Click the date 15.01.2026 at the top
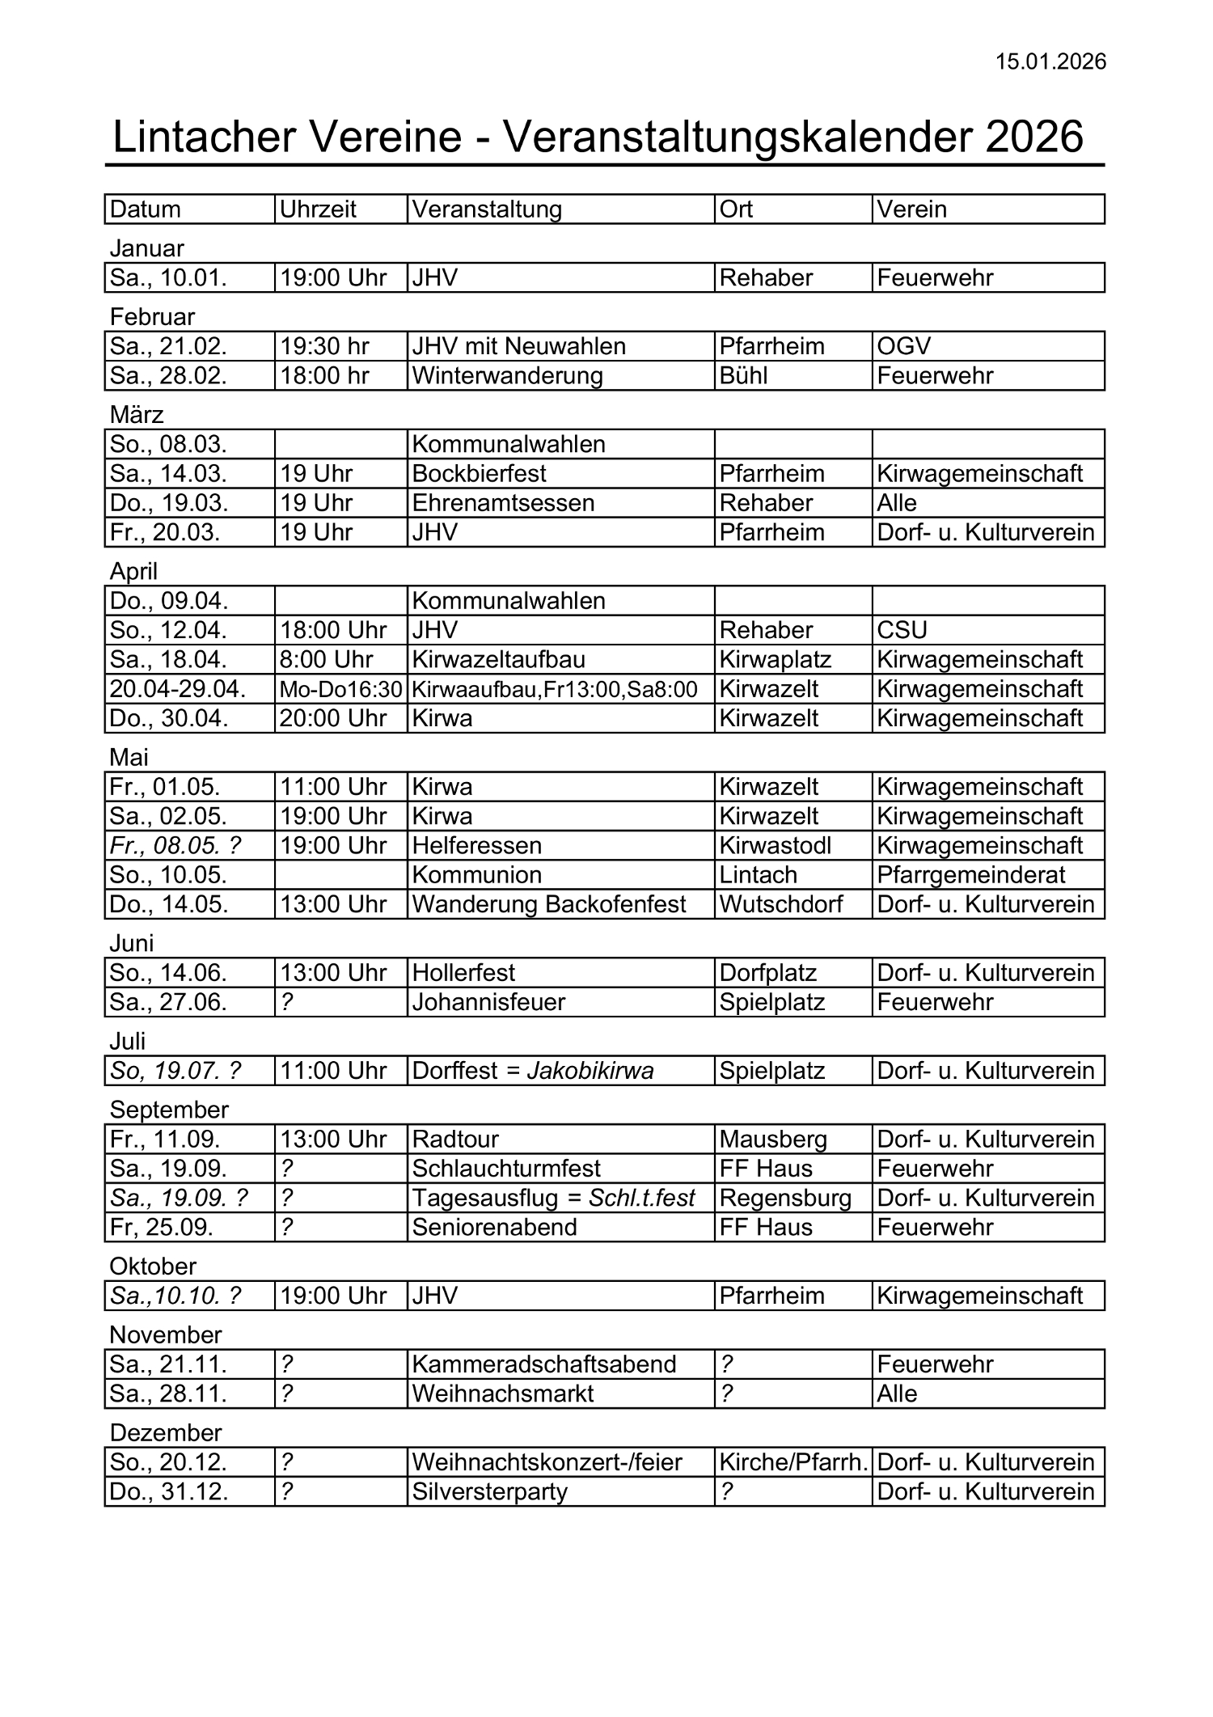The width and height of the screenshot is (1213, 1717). (1050, 62)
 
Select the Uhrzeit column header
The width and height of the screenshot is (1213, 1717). (318, 209)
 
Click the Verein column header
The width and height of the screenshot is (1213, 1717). (911, 209)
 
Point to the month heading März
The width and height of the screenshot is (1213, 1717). (137, 415)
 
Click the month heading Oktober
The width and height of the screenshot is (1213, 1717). (153, 1267)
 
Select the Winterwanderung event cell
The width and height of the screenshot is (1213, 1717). (507, 376)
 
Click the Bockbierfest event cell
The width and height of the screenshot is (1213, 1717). (479, 474)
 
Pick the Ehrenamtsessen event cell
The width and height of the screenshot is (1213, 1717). (503, 503)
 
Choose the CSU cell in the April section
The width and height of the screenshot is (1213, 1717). (902, 630)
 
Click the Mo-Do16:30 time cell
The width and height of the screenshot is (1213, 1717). (340, 689)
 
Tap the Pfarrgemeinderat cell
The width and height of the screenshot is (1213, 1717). (970, 875)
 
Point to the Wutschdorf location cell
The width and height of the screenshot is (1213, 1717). (780, 904)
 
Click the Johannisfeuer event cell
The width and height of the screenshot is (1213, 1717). (488, 1003)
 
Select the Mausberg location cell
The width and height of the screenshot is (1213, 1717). (772, 1140)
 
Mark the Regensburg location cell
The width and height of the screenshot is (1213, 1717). (785, 1199)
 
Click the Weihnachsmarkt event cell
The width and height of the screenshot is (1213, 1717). (502, 1394)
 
